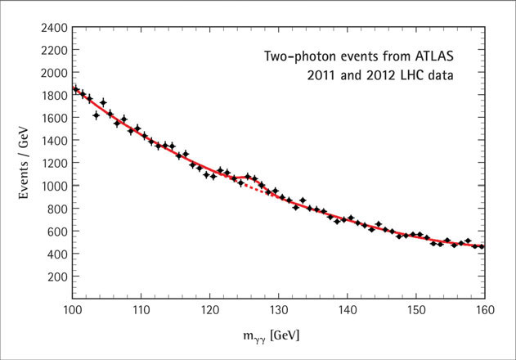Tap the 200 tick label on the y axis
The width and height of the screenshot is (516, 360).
click(55, 277)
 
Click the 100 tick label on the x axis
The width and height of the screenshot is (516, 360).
click(71, 312)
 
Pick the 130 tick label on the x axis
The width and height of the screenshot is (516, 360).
click(278, 312)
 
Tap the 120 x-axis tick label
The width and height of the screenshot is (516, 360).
click(209, 312)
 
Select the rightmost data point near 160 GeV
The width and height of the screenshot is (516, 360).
click(482, 245)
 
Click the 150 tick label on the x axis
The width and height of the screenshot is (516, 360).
click(416, 312)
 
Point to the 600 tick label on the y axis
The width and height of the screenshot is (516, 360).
click(55, 232)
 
